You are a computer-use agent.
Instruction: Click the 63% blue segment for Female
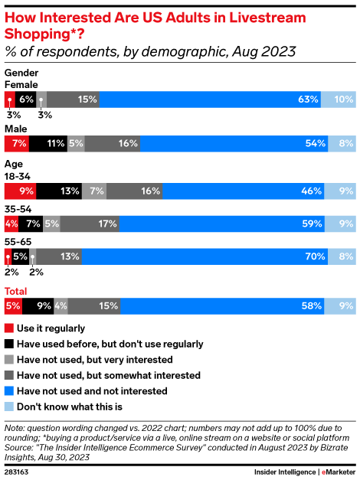coord(209,99)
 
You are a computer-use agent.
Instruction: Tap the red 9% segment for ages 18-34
coord(19,191)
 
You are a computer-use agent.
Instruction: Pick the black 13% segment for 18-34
coord(57,191)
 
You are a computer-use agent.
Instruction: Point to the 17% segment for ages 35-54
coord(89,224)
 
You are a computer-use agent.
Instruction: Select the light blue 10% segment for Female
coord(338,99)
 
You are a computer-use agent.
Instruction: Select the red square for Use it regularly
coord(8,328)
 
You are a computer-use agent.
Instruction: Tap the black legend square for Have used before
coord(8,344)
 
